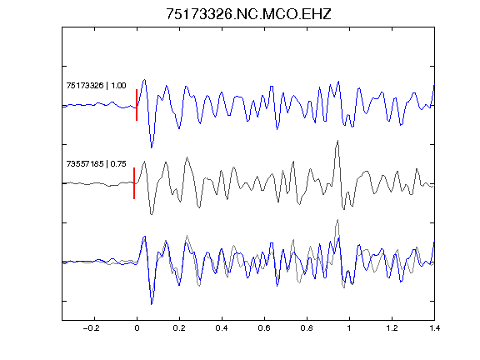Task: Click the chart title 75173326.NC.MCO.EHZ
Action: point(248,14)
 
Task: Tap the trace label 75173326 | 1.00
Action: point(96,85)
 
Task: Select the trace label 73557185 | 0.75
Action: point(96,164)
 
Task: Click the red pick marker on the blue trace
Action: point(137,105)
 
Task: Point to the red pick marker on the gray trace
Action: point(134,183)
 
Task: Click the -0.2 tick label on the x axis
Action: point(92,328)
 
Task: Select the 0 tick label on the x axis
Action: point(137,328)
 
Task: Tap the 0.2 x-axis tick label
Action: point(179,328)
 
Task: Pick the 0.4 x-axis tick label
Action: point(222,328)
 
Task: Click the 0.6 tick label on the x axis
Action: point(264,328)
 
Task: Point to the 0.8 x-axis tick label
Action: point(307,328)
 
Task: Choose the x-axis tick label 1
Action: point(349,328)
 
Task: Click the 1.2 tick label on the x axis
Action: point(392,328)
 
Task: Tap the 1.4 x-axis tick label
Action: point(434,328)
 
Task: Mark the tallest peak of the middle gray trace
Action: point(337,141)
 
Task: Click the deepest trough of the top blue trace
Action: point(152,147)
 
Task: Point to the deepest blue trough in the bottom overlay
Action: point(152,304)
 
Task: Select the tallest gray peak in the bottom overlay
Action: point(337,219)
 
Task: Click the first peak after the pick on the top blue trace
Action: point(144,80)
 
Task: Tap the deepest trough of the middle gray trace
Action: point(152,214)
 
